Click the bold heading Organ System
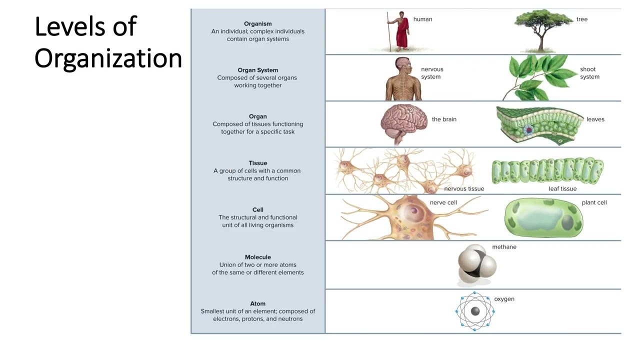tap(257, 70)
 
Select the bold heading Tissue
tap(257, 163)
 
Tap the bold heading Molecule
tap(257, 257)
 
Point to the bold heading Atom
tap(257, 303)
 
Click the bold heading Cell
tap(257, 209)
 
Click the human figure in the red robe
tap(401, 32)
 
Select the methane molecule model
tap(476, 264)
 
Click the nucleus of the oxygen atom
tap(475, 311)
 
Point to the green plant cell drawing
tap(543, 218)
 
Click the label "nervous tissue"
tap(464, 188)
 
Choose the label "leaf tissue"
tap(562, 188)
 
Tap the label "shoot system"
tap(589, 73)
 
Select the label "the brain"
tap(444, 119)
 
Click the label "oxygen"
tap(504, 299)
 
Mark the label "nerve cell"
tap(443, 202)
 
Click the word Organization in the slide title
tap(108, 58)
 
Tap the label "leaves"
tap(595, 119)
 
